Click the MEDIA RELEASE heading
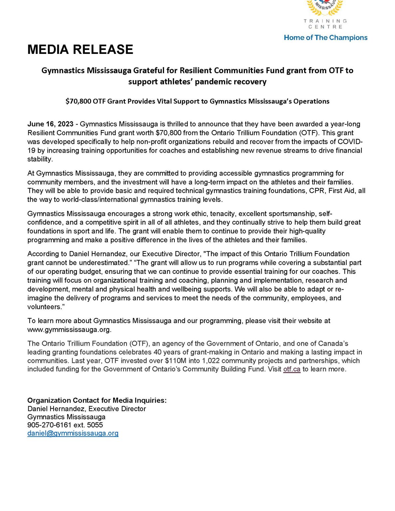(80, 50)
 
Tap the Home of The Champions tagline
(325, 38)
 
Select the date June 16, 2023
(50, 124)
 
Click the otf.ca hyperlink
(292, 369)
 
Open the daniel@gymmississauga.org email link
(73, 433)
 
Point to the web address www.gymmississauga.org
(69, 330)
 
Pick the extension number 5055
(95, 425)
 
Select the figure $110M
(176, 361)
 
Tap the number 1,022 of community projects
(211, 361)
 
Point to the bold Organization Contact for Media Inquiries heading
(97, 400)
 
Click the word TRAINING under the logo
(325, 21)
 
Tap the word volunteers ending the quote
(44, 307)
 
